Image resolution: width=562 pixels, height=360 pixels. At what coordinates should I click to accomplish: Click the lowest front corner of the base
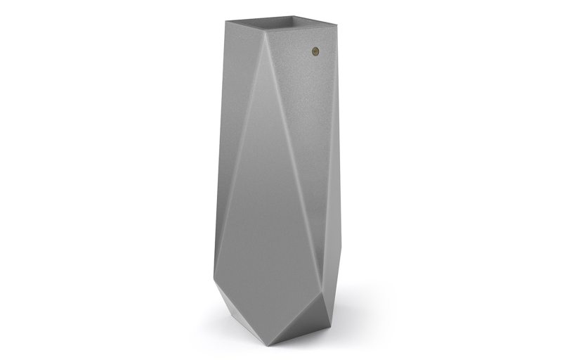click(270, 344)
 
